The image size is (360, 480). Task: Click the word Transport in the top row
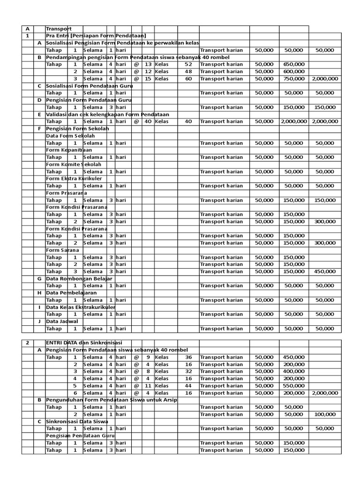59,29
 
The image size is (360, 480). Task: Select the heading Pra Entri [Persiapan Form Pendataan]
96,36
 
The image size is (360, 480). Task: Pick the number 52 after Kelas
188,65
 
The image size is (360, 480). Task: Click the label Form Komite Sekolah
73,165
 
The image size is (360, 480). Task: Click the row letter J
39,322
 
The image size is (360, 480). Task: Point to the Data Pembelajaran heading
71,293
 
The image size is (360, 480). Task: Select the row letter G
39,279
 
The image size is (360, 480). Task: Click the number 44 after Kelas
188,386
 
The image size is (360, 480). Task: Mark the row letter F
39,129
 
